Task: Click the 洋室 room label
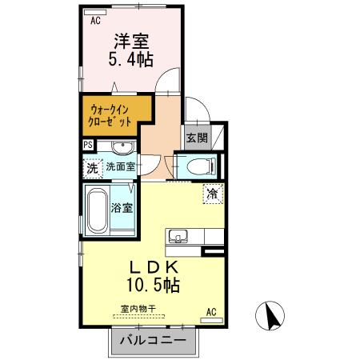pyautogui.click(x=131, y=42)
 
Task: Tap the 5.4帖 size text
pyautogui.click(x=130, y=59)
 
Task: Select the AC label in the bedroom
pyautogui.click(x=95, y=21)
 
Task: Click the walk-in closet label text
pyautogui.click(x=110, y=116)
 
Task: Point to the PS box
pyautogui.click(x=88, y=145)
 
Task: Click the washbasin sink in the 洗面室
pyautogui.click(x=123, y=147)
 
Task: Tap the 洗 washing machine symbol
pyautogui.click(x=93, y=168)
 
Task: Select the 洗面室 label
pyautogui.click(x=120, y=166)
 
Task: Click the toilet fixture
pyautogui.click(x=202, y=166)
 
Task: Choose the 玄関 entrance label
pyautogui.click(x=197, y=138)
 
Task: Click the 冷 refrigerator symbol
pyautogui.click(x=213, y=194)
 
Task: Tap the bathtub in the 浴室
pyautogui.click(x=98, y=210)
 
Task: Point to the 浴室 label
pyautogui.click(x=122, y=208)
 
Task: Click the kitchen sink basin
pyautogui.click(x=178, y=236)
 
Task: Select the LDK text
pyautogui.click(x=154, y=267)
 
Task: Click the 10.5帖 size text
pyautogui.click(x=153, y=285)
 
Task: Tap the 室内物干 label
pyautogui.click(x=138, y=309)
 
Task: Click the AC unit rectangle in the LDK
pyautogui.click(x=211, y=320)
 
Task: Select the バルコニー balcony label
pyautogui.click(x=153, y=340)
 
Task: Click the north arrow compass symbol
pyautogui.click(x=270, y=316)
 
